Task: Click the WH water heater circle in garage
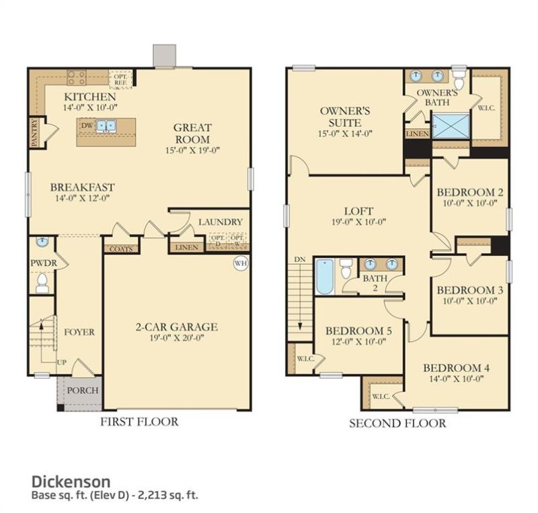tap(241, 263)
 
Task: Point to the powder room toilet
tap(42, 283)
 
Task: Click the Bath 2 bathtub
tap(324, 276)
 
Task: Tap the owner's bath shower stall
tap(449, 126)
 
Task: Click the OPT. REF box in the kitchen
tap(121, 80)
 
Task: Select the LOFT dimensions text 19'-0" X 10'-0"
tap(357, 224)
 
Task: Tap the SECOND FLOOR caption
tap(397, 423)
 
